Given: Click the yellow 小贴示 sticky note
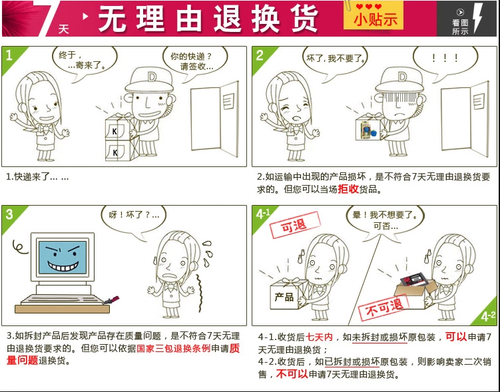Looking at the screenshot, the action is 374,16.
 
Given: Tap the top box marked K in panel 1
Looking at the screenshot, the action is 117,128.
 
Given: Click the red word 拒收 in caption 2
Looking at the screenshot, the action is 348,189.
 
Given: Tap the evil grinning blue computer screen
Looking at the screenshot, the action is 63,258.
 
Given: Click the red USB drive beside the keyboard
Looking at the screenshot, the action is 111,300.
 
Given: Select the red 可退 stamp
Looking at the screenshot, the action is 294,225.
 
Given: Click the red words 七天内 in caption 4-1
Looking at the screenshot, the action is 319,337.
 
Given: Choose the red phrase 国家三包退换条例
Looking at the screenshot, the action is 174,348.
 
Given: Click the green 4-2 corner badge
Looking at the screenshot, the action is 487,314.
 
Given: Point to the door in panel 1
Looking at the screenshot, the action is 214,119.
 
